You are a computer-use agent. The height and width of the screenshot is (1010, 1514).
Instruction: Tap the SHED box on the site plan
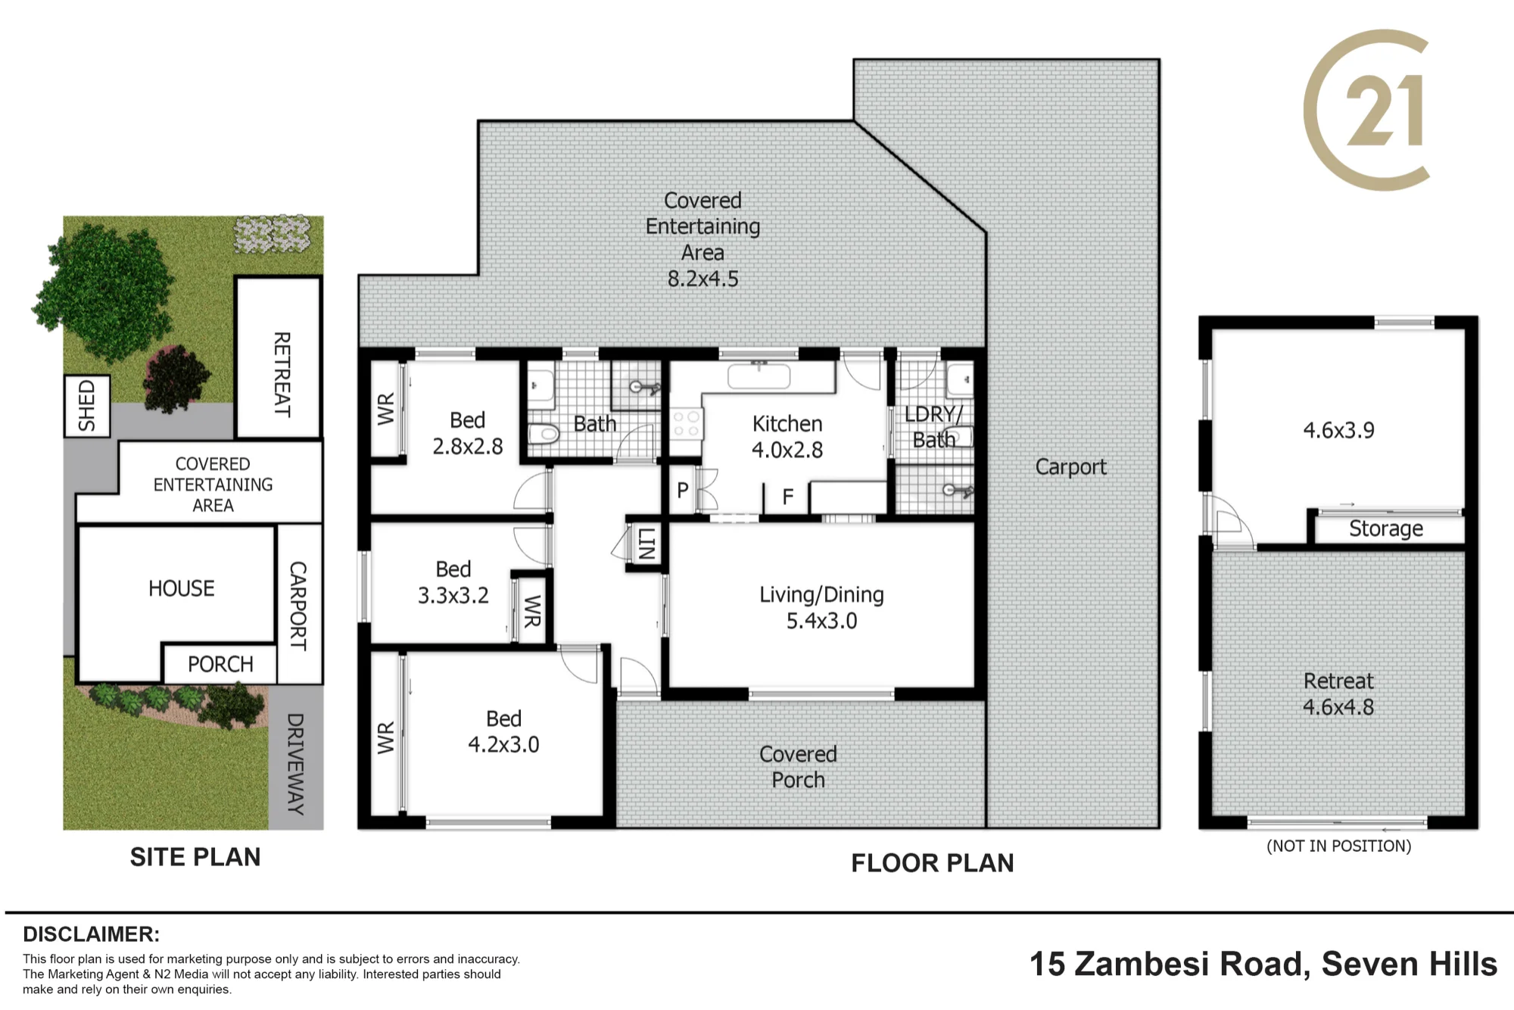click(87, 406)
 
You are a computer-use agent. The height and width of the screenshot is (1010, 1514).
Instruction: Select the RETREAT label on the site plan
click(282, 374)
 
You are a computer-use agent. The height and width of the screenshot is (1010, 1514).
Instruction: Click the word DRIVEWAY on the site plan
click(295, 764)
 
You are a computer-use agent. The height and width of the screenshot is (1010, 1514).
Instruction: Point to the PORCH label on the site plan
click(220, 664)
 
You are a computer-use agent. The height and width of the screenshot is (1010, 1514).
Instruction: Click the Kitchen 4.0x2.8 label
click(787, 437)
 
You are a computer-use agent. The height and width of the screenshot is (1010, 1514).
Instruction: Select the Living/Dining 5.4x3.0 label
click(821, 607)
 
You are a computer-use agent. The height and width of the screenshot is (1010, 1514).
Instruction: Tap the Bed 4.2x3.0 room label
click(503, 731)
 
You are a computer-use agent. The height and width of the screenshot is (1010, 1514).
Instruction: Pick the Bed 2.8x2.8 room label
click(467, 433)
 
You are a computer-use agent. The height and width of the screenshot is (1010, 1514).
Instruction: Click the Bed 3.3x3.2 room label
click(453, 582)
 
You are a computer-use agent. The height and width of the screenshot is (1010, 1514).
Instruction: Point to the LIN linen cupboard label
click(646, 544)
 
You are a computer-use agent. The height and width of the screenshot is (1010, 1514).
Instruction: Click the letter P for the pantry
click(683, 490)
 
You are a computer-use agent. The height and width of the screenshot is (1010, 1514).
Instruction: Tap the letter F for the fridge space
click(788, 497)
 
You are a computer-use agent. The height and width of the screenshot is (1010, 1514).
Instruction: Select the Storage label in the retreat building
click(1385, 528)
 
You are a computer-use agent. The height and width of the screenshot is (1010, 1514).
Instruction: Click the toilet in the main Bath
click(544, 434)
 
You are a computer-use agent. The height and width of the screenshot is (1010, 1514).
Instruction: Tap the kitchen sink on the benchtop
click(759, 376)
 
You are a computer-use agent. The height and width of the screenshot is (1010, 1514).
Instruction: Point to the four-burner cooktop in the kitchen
click(687, 424)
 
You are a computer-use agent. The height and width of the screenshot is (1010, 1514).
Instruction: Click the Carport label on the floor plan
click(1070, 467)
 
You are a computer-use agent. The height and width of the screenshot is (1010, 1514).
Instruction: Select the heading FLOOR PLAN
click(932, 863)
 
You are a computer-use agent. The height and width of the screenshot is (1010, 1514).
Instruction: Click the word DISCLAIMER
click(92, 934)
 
